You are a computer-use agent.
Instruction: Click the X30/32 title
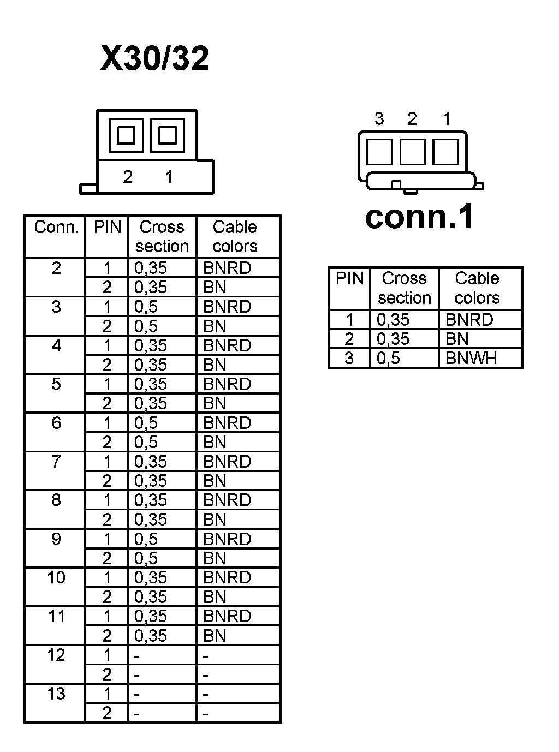154,59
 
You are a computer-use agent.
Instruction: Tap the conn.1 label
419,217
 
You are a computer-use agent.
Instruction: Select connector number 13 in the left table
56,694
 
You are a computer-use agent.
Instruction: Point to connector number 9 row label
56,539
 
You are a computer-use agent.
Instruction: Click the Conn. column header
56,227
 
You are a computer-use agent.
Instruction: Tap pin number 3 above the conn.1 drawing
379,118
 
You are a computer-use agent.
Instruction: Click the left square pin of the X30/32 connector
126,135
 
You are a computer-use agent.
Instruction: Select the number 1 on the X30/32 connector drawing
169,177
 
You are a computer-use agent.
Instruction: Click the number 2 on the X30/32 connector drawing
128,177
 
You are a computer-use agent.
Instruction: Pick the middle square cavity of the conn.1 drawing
413,152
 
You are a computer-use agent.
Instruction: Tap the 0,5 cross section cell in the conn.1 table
389,359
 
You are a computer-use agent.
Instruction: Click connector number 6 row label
56,423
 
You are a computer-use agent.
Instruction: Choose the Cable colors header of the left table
235,236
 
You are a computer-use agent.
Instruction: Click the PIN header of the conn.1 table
349,279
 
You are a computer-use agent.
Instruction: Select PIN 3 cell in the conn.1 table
349,359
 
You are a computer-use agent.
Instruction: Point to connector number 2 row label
56,268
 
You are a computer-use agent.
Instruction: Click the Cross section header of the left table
162,236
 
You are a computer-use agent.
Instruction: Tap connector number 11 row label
56,617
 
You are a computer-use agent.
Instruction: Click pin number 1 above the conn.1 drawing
447,118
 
